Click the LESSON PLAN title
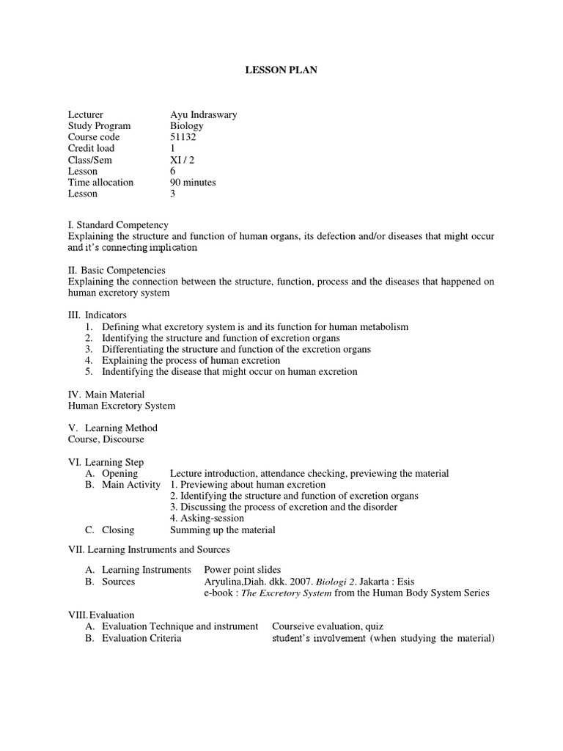tap(281, 70)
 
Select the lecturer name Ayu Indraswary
tap(203, 115)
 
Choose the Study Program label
tap(99, 126)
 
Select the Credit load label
tap(91, 149)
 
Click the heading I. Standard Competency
tap(118, 225)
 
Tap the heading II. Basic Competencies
tap(117, 270)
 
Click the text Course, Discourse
tap(106, 439)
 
